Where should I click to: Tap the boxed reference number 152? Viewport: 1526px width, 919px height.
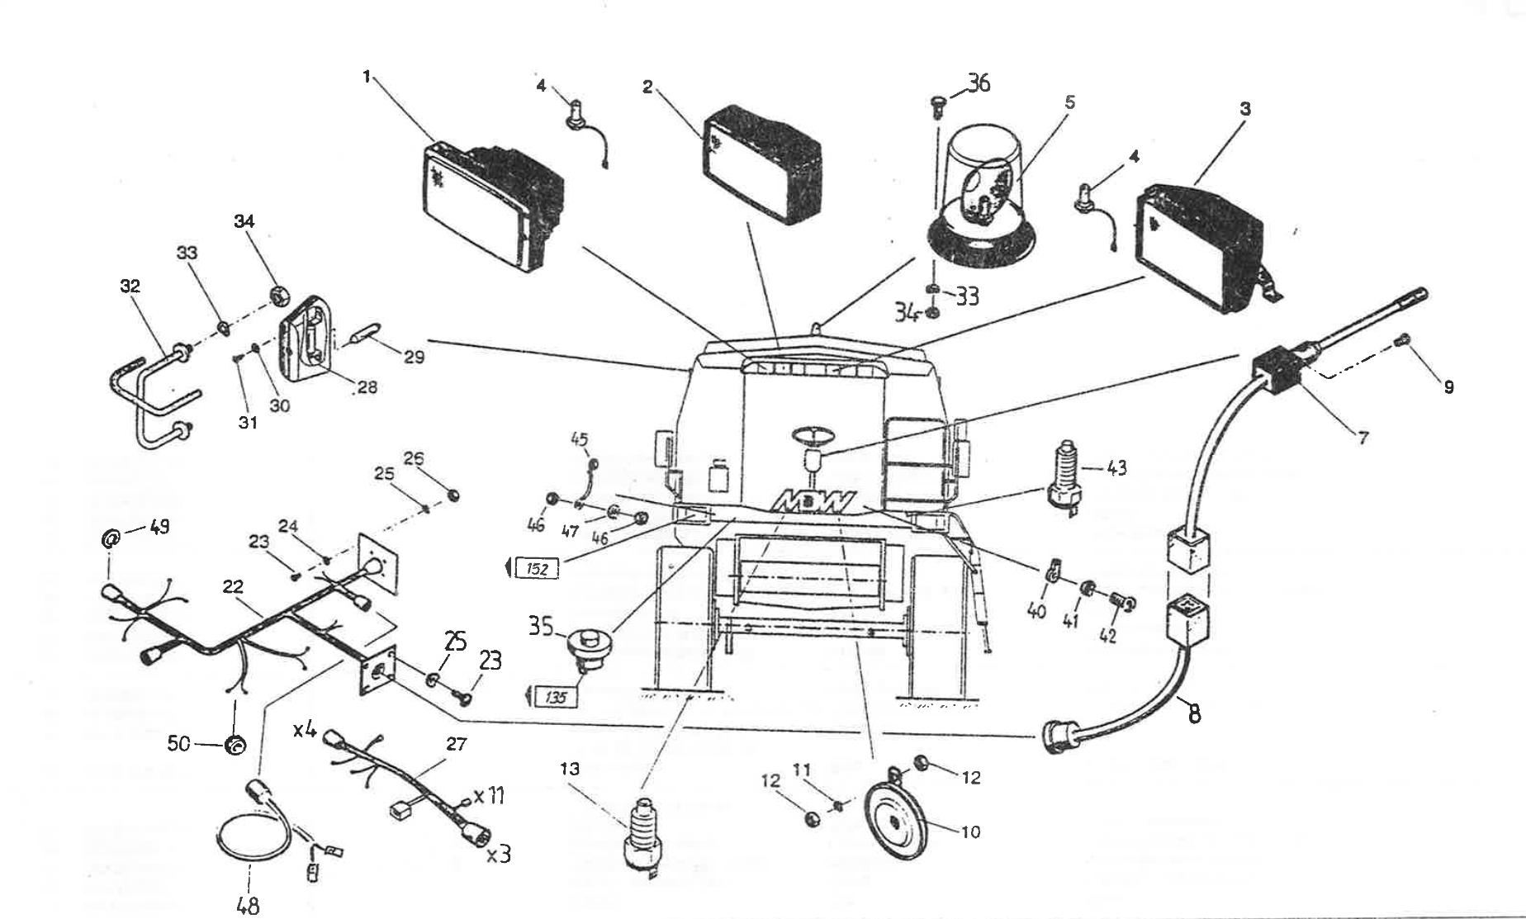537,568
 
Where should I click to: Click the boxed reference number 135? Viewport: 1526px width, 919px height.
556,698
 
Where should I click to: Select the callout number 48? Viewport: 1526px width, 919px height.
248,905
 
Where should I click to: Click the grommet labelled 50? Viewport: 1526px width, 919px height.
235,746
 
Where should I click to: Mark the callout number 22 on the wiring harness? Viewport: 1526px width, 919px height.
233,586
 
